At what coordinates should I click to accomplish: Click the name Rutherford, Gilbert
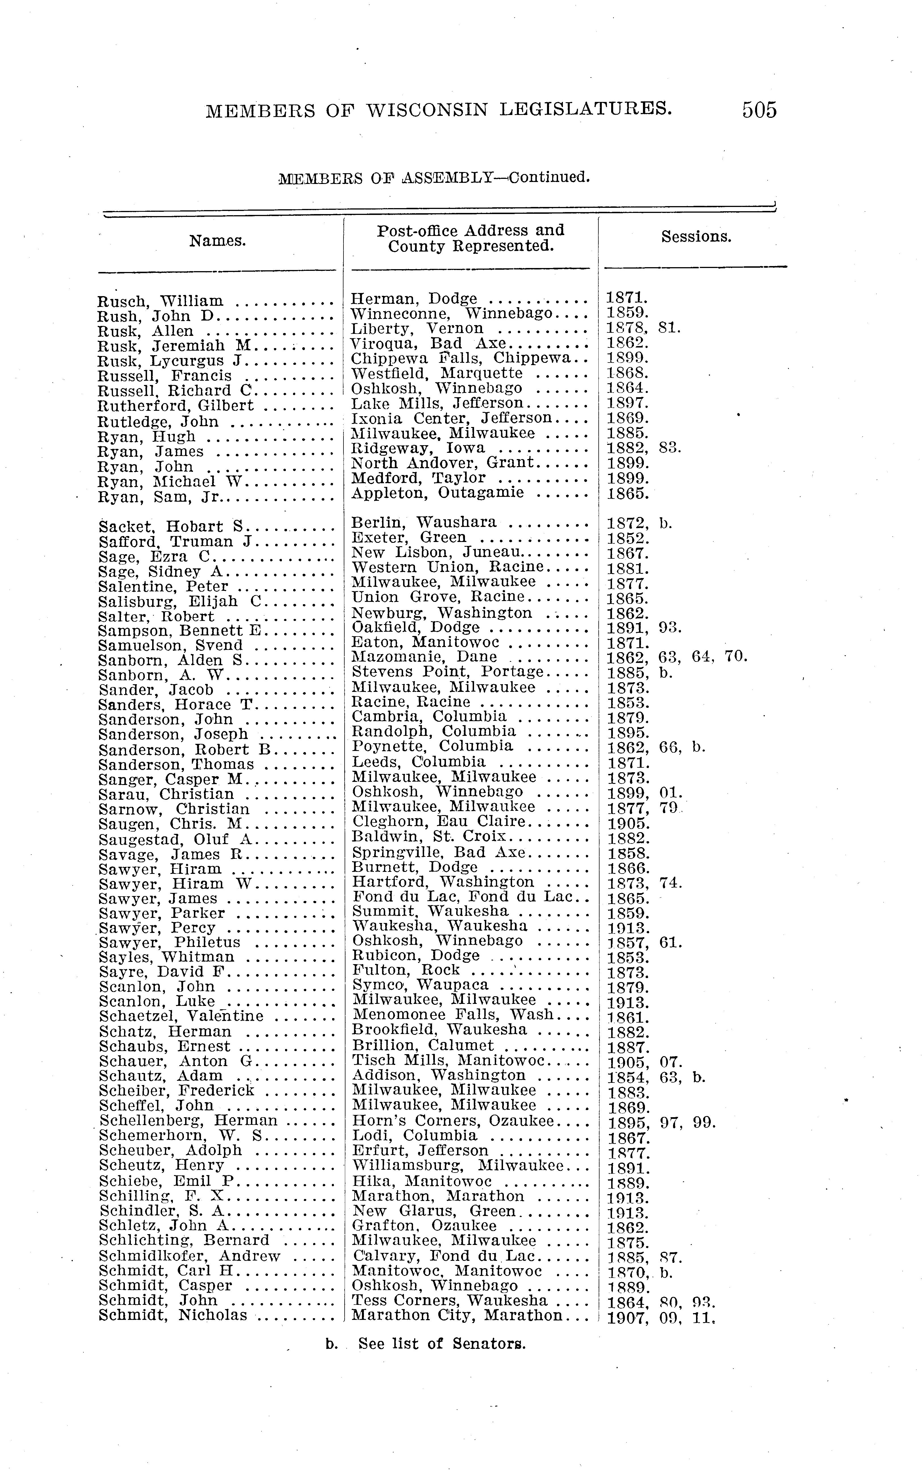pos(176,406)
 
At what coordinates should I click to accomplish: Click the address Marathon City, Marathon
pos(457,1316)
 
